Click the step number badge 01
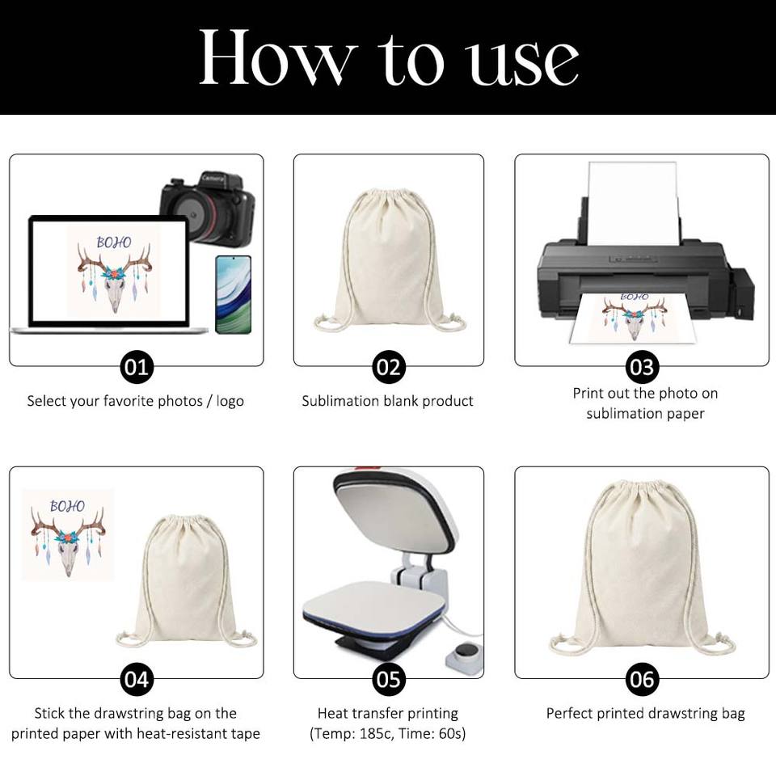(x=137, y=367)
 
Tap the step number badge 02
(x=389, y=367)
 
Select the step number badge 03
(x=642, y=367)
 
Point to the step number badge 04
(x=137, y=680)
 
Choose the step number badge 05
(x=389, y=680)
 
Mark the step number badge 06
(x=642, y=680)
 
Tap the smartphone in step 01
(x=234, y=294)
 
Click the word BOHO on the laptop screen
(x=114, y=242)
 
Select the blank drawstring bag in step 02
(x=390, y=259)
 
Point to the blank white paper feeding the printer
(x=632, y=203)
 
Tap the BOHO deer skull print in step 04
(x=68, y=534)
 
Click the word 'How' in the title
(x=277, y=57)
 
